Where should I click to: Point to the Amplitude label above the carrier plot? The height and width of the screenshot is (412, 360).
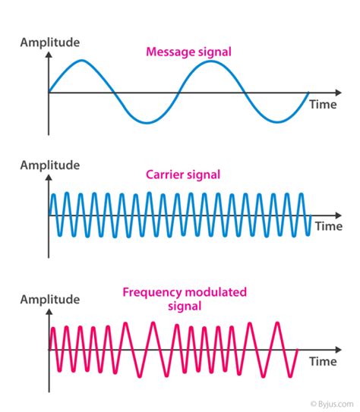49,165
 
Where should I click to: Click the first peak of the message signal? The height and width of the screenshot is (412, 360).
82,61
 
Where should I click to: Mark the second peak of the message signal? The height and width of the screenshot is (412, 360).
211,61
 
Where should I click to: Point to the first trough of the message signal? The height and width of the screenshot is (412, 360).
147,122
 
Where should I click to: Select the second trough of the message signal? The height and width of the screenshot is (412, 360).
276,122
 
